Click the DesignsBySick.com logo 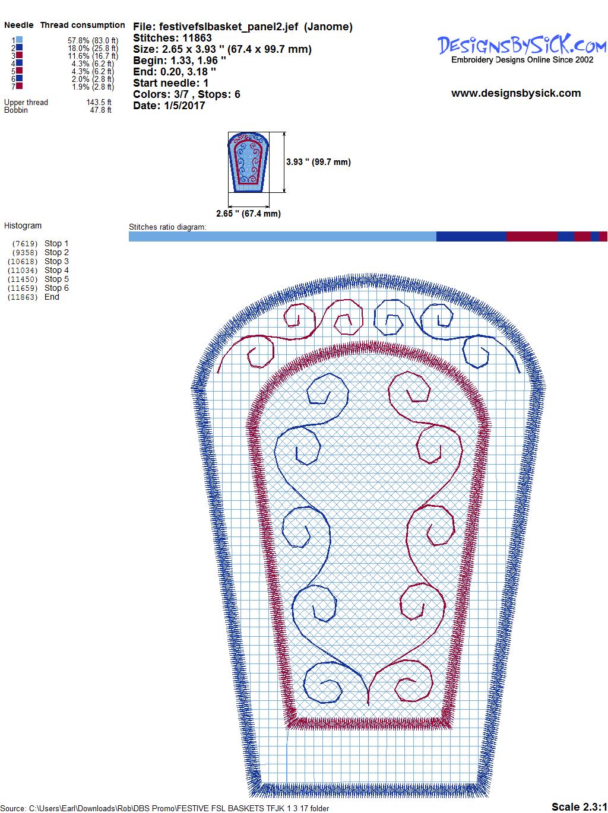[x=521, y=49]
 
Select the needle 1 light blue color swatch [x=19, y=40]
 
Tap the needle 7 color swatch [x=19, y=86]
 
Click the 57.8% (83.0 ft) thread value [x=93, y=40]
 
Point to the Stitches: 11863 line [x=172, y=38]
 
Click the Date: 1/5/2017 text [x=169, y=106]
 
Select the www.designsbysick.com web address [x=516, y=93]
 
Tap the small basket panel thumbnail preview [x=248, y=162]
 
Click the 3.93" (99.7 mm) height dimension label [x=318, y=162]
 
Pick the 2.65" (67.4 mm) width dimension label [x=248, y=214]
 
